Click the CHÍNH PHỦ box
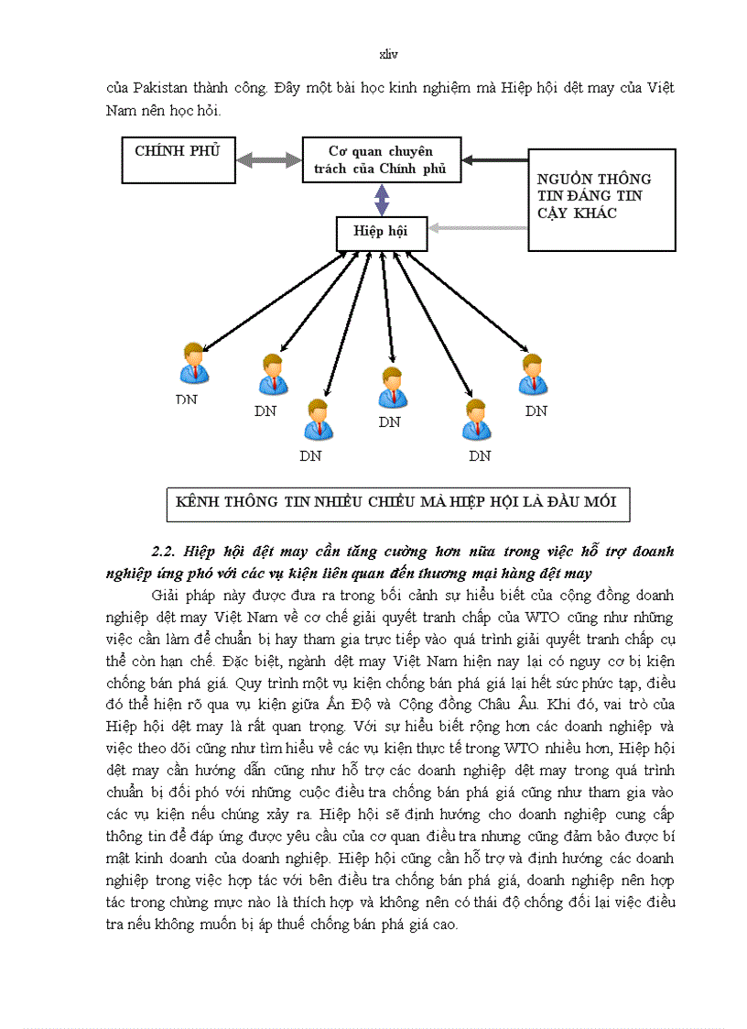click(x=178, y=159)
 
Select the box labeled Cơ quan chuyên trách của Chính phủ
click(x=381, y=159)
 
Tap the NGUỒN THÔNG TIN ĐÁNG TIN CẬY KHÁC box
click(x=601, y=200)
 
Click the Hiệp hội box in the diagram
click(x=381, y=232)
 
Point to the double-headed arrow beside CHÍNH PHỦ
click(x=268, y=159)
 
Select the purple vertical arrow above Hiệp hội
click(x=381, y=199)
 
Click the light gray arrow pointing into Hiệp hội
click(x=478, y=227)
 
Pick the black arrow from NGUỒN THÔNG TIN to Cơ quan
click(x=494, y=159)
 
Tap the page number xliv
click(x=388, y=55)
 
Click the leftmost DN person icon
click(x=193, y=363)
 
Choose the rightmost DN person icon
click(x=534, y=374)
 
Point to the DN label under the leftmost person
click(x=187, y=400)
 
